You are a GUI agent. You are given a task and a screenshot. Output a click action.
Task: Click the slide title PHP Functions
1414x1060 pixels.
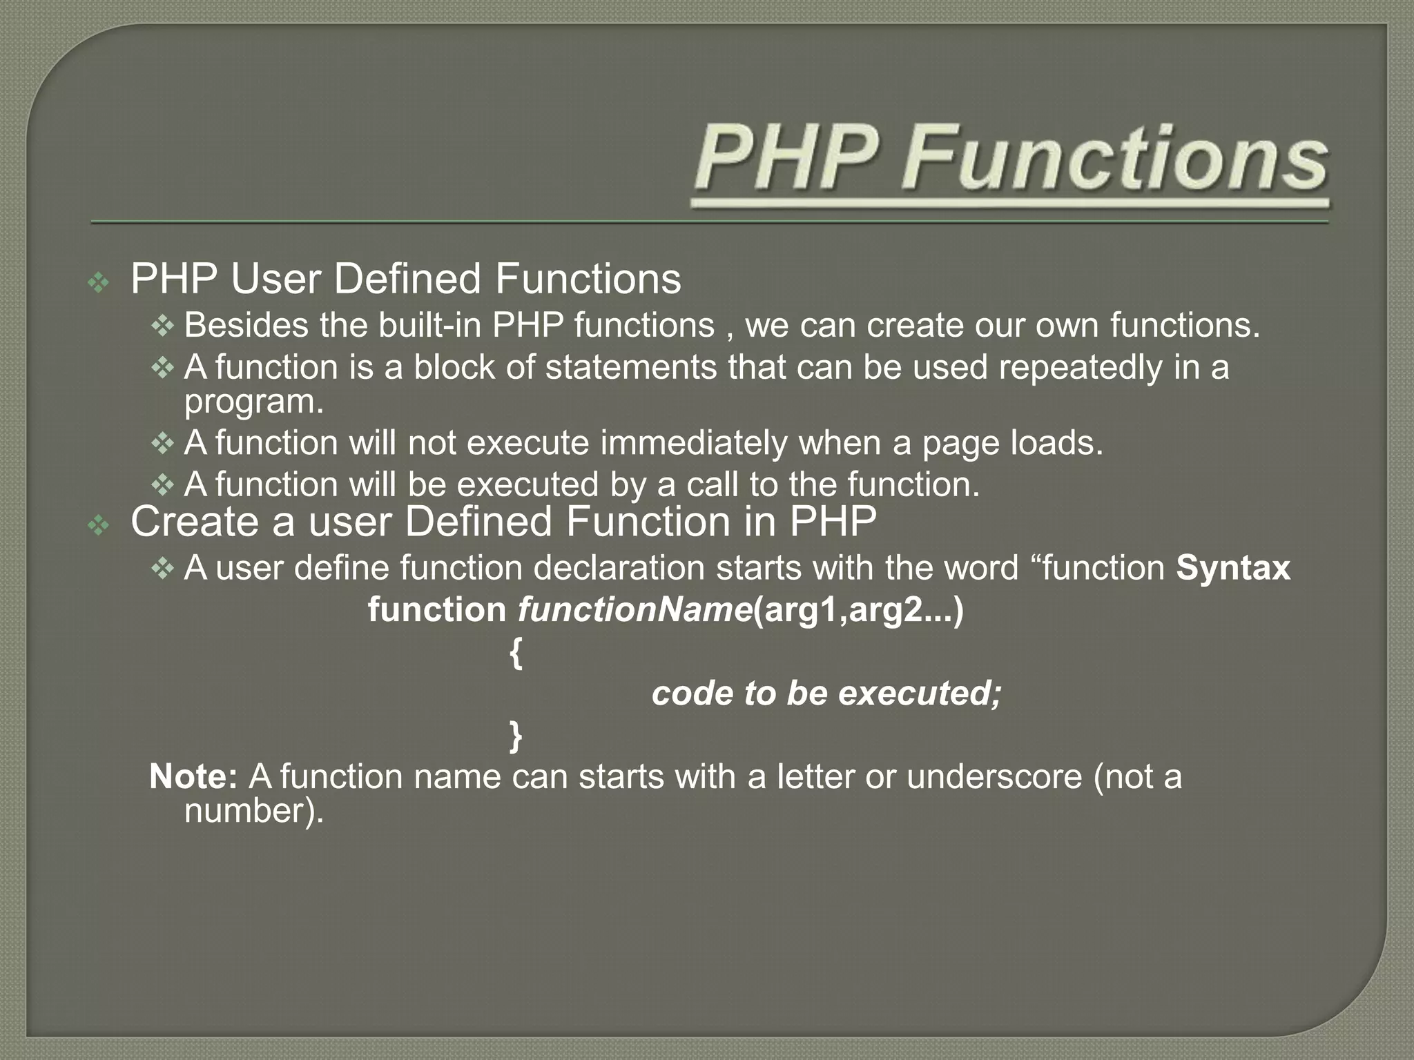(1011, 159)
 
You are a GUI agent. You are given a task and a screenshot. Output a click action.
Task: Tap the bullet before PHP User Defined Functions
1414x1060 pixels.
(99, 282)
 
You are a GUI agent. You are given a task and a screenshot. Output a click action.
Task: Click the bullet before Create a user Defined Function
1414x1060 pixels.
(99, 527)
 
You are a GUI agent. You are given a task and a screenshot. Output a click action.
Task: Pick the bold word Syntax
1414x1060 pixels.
(1233, 569)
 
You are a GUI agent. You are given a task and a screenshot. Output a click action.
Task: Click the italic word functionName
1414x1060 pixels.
(635, 611)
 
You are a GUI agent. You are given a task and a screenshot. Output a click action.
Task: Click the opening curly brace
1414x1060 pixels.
(516, 654)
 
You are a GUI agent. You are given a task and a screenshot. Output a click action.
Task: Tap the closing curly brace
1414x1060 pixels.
(516, 736)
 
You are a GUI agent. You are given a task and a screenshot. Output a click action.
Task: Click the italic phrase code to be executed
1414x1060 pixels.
(826, 694)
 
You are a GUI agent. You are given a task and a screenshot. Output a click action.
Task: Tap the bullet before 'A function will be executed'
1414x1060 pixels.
(162, 485)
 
